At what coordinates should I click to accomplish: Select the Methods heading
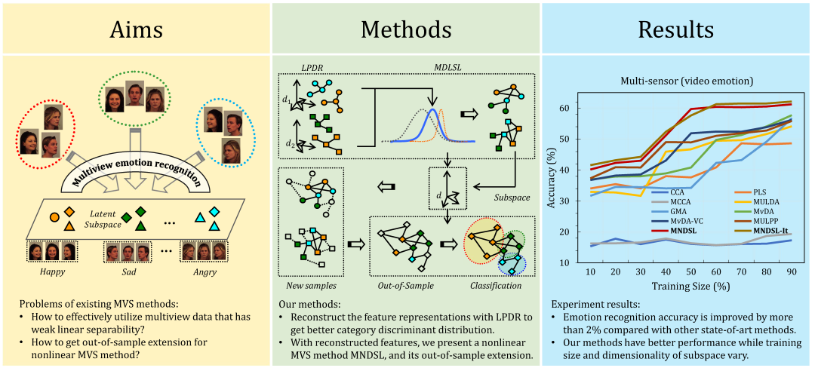406,29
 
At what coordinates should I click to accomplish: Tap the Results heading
676,29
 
